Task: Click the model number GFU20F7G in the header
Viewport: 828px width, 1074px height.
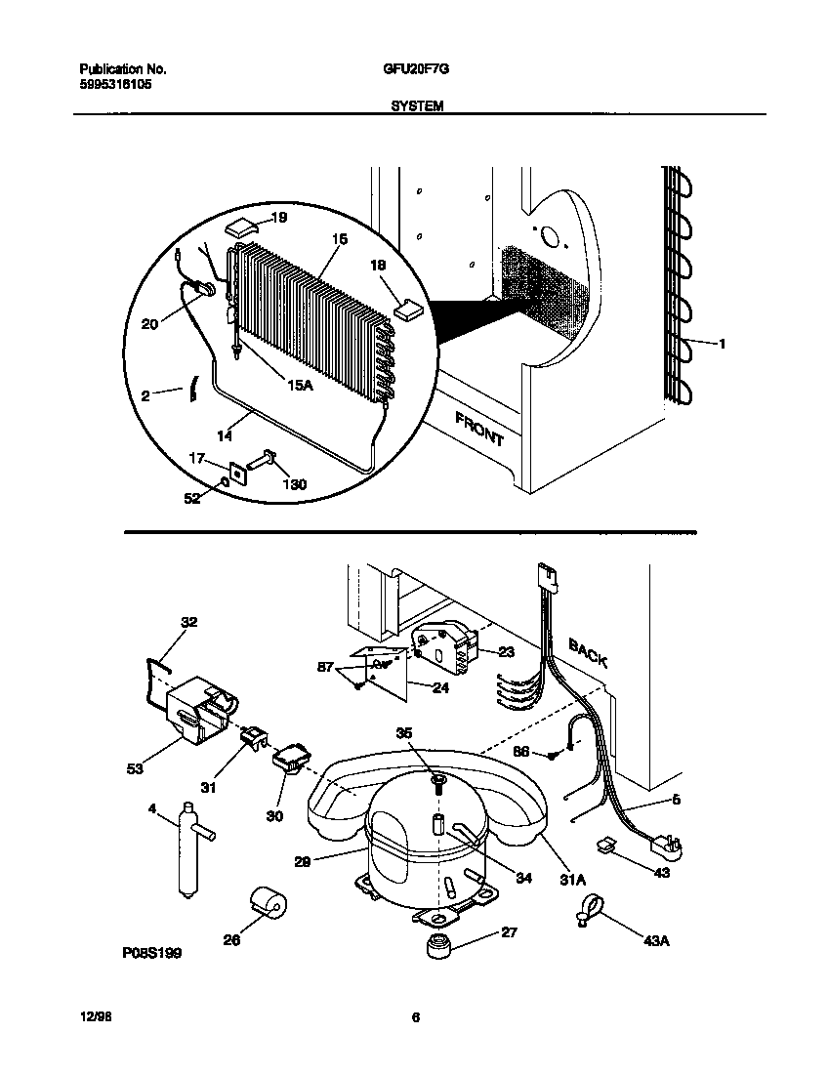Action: pyautogui.click(x=417, y=70)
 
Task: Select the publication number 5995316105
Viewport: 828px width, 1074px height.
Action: pyautogui.click(x=114, y=85)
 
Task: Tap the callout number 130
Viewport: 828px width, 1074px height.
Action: pyautogui.click(x=293, y=485)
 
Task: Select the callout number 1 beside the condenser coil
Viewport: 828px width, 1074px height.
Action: pyautogui.click(x=723, y=343)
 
